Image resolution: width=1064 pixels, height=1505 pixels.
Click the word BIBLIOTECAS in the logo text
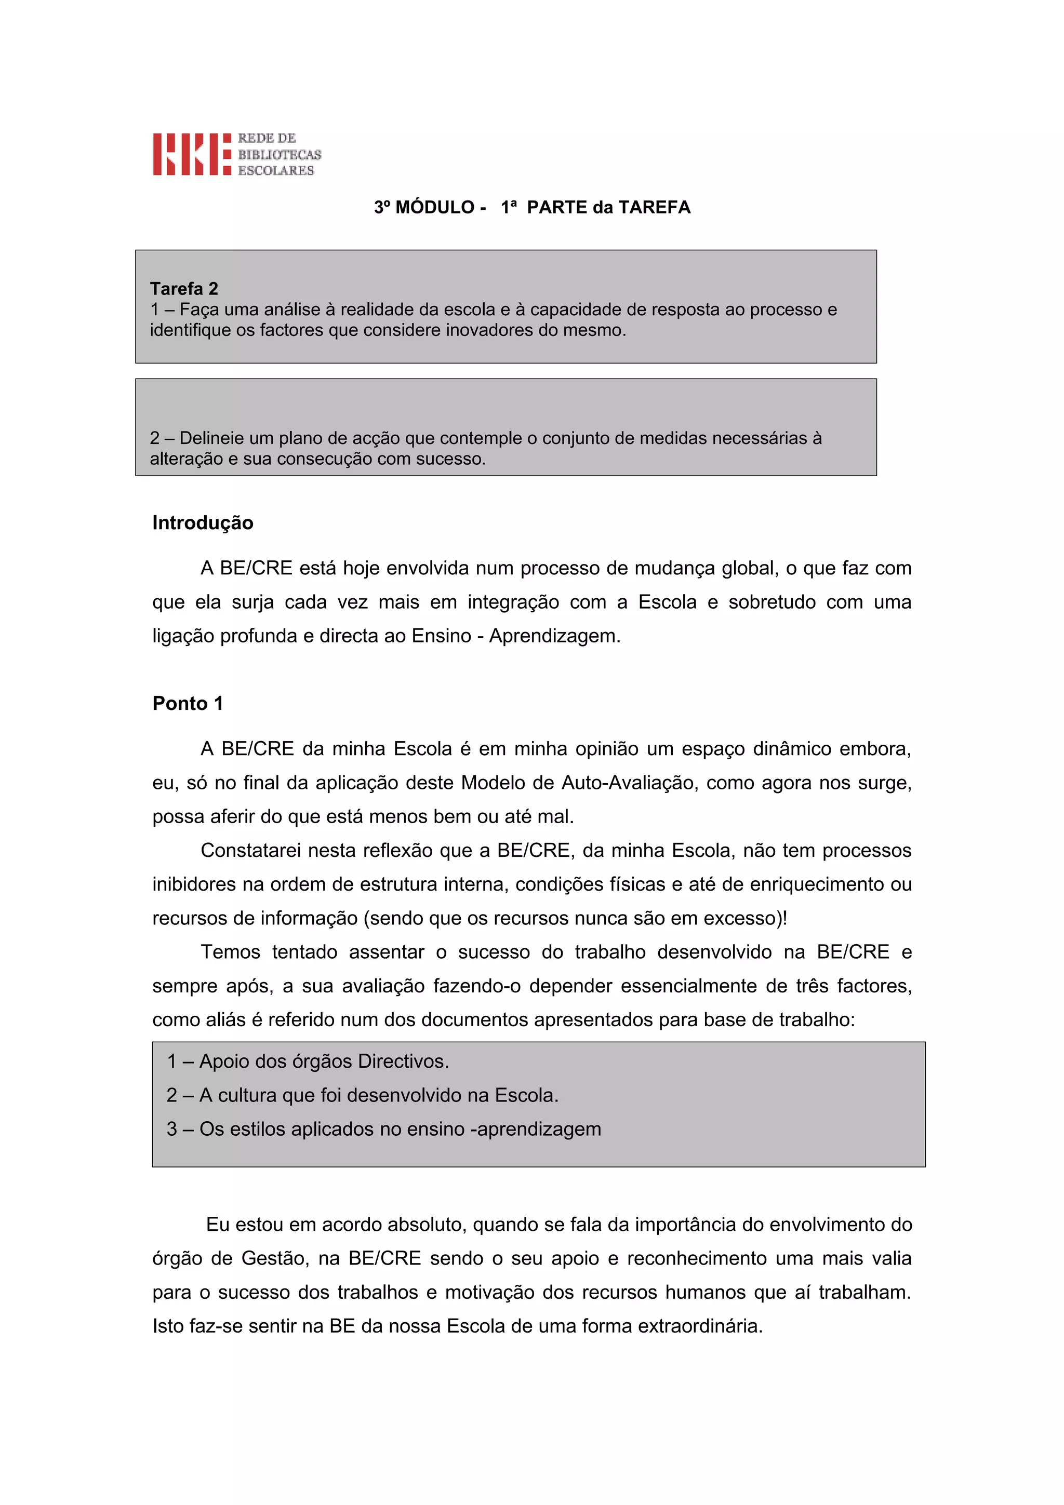(x=280, y=155)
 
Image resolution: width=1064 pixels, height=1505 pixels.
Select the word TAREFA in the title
(x=654, y=207)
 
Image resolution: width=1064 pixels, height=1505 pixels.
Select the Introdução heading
(x=203, y=522)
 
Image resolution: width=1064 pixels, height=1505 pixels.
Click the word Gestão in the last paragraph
(x=273, y=1258)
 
